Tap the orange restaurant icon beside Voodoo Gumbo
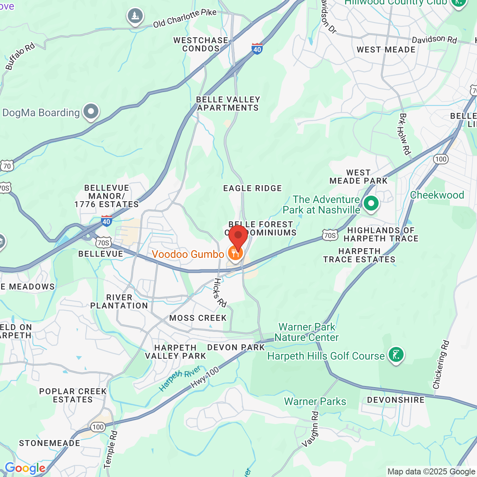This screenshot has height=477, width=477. coord(235,253)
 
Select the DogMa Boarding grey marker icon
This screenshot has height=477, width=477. coord(91,111)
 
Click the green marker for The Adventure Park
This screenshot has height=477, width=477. coord(371,203)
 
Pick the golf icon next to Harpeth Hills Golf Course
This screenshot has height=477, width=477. coord(396,354)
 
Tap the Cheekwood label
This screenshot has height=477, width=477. coord(437,195)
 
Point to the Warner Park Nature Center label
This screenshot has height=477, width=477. coord(306,332)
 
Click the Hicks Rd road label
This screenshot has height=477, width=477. coord(220,293)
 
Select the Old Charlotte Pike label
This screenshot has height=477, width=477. coord(185,18)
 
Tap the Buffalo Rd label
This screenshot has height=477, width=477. coord(20,56)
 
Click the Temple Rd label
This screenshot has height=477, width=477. coord(111,449)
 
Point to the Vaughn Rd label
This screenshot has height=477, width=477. coord(310,429)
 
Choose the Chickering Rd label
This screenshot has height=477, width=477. coord(441,365)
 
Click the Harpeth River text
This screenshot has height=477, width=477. coord(180,378)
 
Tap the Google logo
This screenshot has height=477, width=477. coord(25,468)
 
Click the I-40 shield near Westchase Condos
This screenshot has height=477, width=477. coord(257,49)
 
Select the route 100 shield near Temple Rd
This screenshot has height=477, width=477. coord(98,427)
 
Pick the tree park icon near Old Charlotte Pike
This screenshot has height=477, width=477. coord(135,16)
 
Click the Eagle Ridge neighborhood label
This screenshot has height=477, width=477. coord(252,188)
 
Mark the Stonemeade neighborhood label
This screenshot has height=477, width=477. coord(50,443)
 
